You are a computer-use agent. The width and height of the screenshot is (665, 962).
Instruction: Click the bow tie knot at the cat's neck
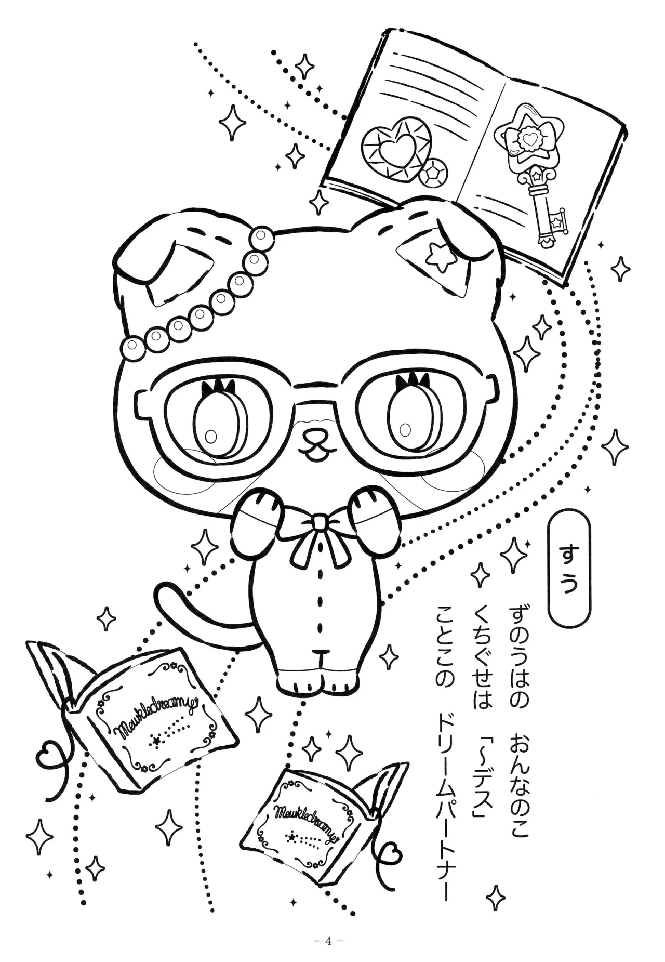(x=320, y=521)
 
